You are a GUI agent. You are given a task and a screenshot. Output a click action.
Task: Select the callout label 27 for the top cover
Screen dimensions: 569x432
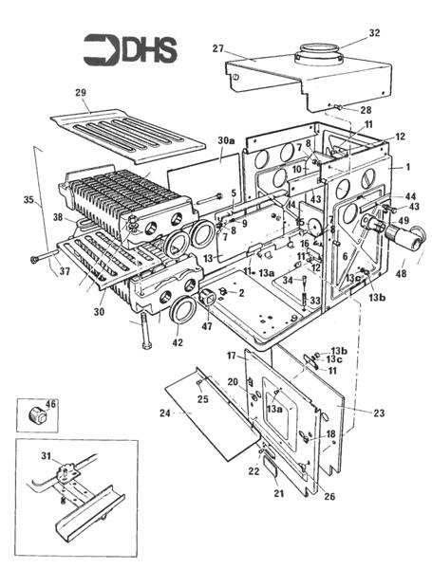[x=217, y=47]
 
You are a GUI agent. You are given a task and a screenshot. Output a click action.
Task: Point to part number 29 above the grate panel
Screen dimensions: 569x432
[x=80, y=92]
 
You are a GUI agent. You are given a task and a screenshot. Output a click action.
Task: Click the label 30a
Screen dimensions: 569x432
[x=224, y=139]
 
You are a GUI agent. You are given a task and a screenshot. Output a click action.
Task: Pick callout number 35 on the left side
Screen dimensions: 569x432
[x=28, y=200]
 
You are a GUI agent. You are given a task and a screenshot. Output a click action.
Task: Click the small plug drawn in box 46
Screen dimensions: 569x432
[x=39, y=414]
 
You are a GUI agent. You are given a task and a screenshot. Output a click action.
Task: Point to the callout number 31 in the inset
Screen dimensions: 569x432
[x=45, y=457]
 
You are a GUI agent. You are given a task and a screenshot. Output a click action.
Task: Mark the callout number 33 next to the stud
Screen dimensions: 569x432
[x=314, y=301]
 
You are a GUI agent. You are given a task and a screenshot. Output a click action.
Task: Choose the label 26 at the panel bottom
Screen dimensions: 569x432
[x=329, y=494]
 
